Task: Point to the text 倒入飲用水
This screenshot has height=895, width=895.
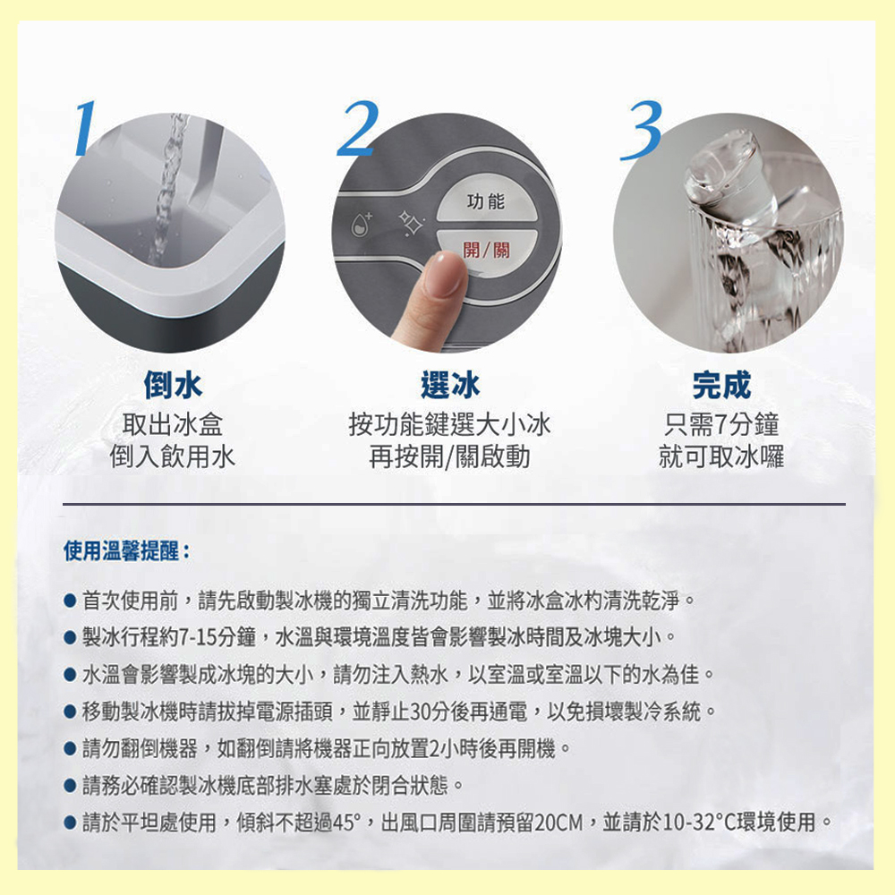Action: click(x=173, y=457)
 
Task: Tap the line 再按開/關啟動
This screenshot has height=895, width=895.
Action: click(x=450, y=457)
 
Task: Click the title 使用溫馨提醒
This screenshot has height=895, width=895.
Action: click(x=125, y=550)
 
